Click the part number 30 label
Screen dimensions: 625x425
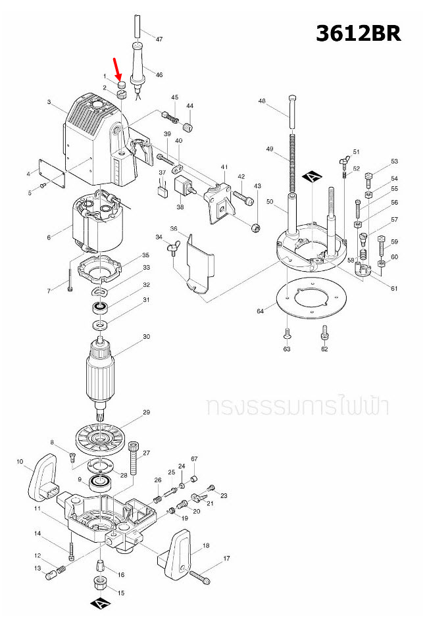click(x=146, y=336)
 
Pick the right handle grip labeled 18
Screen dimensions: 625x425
click(x=178, y=552)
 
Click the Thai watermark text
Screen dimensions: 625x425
click(x=297, y=406)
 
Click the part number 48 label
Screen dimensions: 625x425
click(x=261, y=101)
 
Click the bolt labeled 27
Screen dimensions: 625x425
click(x=135, y=459)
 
